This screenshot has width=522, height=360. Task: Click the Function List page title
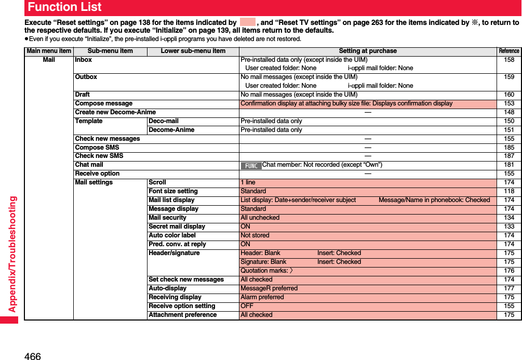[65, 7]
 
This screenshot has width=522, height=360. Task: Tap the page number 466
[32, 356]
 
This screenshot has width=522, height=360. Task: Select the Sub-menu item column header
[110, 51]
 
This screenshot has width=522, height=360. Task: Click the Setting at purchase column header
[367, 51]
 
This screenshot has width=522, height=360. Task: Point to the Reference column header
[508, 51]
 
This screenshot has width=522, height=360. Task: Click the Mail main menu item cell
[49, 60]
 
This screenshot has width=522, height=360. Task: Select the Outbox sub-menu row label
[86, 77]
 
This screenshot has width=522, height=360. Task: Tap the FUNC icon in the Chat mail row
[251, 165]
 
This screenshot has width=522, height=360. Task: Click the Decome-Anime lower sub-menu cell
[171, 130]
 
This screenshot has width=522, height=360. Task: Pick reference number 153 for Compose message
[509, 103]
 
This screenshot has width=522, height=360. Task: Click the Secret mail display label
[177, 226]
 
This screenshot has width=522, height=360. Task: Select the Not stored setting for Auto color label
[255, 235]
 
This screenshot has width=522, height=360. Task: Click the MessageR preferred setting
[269, 288]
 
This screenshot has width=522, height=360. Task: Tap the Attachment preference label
[182, 315]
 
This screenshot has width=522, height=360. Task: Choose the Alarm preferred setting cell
[262, 297]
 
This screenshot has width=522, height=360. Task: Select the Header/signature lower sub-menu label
[174, 253]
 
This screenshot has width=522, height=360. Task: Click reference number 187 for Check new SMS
[509, 156]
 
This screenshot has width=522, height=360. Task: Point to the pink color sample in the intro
[248, 22]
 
